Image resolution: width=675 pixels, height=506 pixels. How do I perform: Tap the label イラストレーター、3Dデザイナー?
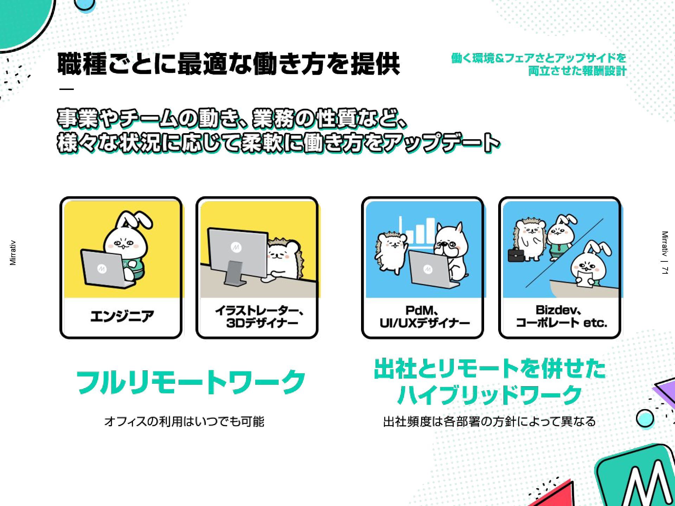click(x=259, y=317)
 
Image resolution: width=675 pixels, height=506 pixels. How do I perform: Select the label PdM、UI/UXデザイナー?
click(x=424, y=317)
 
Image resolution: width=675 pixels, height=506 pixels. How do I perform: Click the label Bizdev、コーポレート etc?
click(x=561, y=316)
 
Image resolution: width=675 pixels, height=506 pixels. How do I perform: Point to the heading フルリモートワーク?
click(x=191, y=382)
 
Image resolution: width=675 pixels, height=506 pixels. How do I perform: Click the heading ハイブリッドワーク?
click(x=489, y=394)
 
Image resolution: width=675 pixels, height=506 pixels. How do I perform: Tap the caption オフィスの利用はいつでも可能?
click(x=184, y=421)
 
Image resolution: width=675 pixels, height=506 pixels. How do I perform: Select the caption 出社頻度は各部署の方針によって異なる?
click(x=489, y=421)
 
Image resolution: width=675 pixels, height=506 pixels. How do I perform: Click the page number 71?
click(x=664, y=270)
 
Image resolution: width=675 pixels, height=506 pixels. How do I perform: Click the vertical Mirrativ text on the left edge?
click(x=13, y=253)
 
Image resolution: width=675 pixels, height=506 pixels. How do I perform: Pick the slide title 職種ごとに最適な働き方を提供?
click(x=229, y=64)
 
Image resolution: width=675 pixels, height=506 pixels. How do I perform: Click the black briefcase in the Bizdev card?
click(x=516, y=255)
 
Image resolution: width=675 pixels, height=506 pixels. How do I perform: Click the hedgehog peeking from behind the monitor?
click(x=284, y=259)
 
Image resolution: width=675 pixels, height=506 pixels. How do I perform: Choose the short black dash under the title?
click(x=66, y=89)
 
